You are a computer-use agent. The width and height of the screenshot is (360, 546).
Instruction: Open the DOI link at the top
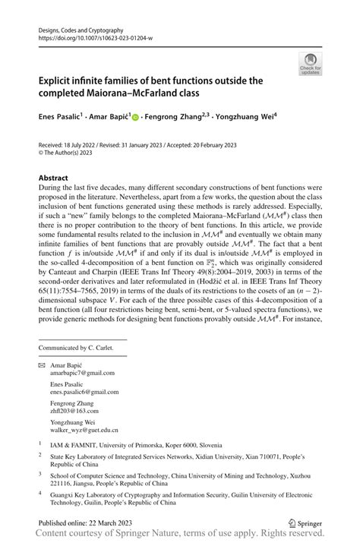(x=90, y=36)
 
